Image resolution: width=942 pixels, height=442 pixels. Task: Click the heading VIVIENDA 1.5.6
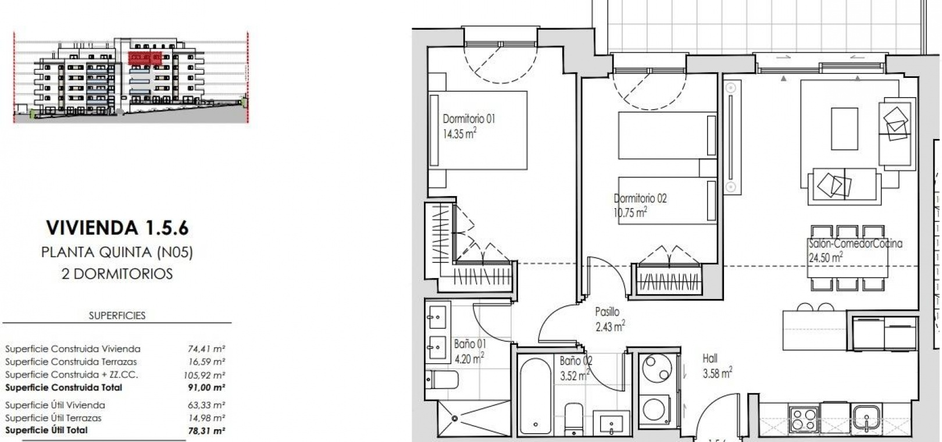[x=117, y=228]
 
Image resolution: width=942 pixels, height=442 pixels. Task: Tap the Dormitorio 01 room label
[x=469, y=119]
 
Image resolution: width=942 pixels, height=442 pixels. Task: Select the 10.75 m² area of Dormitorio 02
[x=630, y=212]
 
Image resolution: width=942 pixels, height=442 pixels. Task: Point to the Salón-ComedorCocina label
[x=855, y=244]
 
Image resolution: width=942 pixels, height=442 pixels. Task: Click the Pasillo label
[x=607, y=312]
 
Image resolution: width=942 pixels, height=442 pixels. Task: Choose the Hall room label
[x=710, y=359]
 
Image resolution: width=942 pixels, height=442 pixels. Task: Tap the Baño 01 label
[x=470, y=344]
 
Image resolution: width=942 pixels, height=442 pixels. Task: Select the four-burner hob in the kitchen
[x=803, y=419]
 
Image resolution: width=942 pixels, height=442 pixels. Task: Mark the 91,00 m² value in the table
[x=206, y=388]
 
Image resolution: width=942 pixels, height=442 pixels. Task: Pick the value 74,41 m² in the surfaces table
[x=206, y=348]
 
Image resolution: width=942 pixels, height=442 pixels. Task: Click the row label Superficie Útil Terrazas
[x=53, y=418]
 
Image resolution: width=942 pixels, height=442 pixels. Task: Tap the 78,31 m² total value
[x=206, y=430]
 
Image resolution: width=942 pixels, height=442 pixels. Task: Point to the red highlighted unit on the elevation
[x=145, y=58]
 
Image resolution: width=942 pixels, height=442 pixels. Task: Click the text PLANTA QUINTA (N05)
[x=117, y=252]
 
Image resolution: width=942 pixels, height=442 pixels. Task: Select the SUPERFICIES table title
[x=117, y=316]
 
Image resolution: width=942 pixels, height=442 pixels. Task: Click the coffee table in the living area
[x=844, y=129]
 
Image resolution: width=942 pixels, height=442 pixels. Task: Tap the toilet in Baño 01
[x=441, y=380]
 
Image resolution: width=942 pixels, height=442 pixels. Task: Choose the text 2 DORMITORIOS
[x=117, y=274]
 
